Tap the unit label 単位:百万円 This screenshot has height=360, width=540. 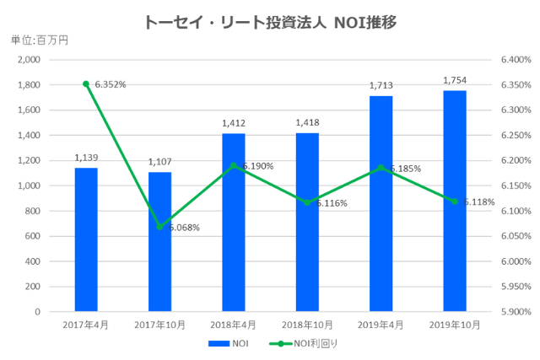point(39,40)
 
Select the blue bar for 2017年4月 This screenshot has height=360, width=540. point(86,239)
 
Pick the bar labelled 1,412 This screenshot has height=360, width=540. point(234,223)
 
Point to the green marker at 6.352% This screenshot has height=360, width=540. point(86,83)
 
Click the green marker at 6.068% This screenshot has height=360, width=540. point(159,227)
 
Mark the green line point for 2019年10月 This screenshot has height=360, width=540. point(455,201)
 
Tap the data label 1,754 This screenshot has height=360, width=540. point(455,81)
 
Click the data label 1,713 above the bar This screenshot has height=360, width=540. point(381,86)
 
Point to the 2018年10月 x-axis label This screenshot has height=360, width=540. point(307,324)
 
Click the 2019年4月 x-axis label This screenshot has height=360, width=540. point(381,324)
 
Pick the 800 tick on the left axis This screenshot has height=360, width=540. point(33,211)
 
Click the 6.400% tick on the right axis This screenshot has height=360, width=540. point(514,60)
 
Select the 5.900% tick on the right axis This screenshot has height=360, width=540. point(514,311)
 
